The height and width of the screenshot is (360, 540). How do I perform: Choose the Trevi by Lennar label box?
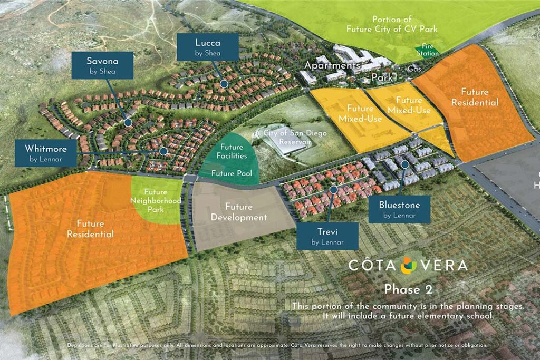pos(327,236)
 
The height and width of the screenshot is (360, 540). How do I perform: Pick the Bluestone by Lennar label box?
pos(399,209)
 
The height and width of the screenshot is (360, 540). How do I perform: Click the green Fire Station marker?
pos(426,50)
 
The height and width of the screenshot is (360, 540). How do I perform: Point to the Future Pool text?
pos(232,173)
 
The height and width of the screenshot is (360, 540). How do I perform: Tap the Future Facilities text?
pos(232,152)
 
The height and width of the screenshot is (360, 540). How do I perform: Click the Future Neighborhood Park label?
pos(156,201)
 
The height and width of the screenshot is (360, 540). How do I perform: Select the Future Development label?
pos(238,212)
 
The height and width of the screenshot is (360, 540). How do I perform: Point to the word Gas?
pos(413,69)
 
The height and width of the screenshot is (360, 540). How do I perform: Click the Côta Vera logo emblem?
pos(408,265)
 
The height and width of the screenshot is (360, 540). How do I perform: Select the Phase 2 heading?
pos(408,289)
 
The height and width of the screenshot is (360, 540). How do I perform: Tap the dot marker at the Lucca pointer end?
pos(224,84)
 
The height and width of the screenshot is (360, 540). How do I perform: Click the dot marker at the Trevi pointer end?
pos(333,189)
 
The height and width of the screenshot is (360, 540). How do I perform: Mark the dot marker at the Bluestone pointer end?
pos(404,165)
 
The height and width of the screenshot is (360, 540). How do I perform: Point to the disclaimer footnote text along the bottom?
pos(277,345)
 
